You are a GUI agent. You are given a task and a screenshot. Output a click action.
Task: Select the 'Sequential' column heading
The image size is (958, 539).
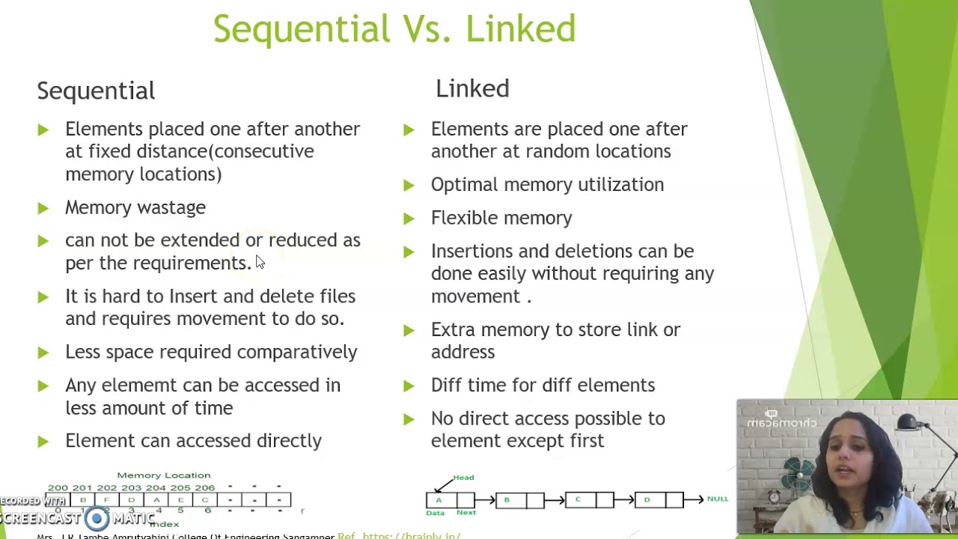coord(96,91)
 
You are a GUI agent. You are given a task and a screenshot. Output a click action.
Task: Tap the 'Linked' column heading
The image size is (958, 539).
coord(472,88)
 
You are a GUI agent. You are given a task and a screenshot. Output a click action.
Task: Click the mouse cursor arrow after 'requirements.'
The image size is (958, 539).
coord(260,261)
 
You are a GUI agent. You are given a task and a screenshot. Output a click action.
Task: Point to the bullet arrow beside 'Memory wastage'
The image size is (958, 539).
coord(43,207)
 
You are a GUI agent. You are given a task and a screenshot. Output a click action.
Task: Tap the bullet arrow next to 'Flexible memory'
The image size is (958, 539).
coord(409,219)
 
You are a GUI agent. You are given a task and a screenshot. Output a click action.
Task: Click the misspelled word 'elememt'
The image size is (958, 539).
coord(131,386)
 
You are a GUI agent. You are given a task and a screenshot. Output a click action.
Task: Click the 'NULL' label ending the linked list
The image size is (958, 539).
coord(717,499)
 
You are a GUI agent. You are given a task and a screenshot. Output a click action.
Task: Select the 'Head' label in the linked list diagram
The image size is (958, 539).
coord(463,478)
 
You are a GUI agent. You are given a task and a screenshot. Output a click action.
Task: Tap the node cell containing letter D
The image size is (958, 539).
coord(647,499)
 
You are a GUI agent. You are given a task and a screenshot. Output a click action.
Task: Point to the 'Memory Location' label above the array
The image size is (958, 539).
coord(164,475)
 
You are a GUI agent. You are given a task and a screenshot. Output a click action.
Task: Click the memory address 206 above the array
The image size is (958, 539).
coord(205,488)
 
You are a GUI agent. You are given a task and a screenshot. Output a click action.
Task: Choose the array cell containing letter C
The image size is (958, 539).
coord(205,500)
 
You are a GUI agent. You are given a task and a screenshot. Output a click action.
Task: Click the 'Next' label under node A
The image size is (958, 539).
coord(466,513)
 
